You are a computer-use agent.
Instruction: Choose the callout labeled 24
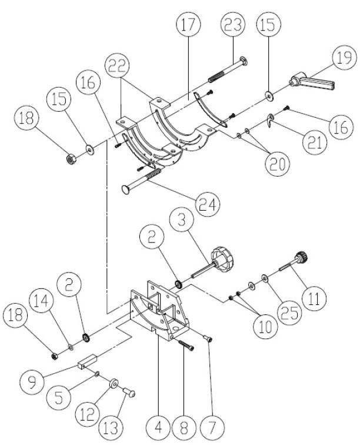point(209,205)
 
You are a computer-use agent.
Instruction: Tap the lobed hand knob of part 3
point(224,258)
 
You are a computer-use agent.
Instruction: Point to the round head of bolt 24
point(127,188)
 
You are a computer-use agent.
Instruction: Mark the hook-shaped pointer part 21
point(268,120)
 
